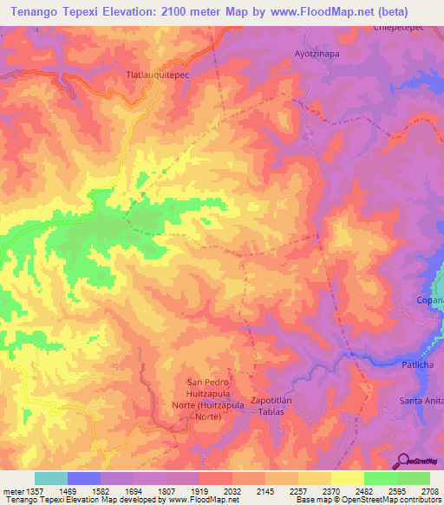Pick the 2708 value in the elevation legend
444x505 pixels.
(429, 491)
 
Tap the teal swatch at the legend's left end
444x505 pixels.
(50, 478)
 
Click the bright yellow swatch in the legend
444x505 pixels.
(347, 478)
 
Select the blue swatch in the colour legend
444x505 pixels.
(83, 478)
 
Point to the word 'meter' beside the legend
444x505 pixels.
(11, 491)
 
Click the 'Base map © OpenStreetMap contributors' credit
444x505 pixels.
(367, 501)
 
